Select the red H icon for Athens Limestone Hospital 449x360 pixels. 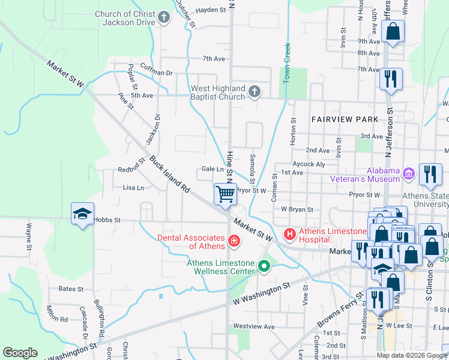289,233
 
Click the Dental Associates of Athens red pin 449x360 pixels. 233,242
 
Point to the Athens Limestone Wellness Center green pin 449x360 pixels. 264,265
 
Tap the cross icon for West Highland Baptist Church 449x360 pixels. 254,92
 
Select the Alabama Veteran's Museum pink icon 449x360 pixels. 409,174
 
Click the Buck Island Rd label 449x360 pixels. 170,174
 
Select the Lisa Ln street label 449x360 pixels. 133,188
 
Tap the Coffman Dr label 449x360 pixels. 156,73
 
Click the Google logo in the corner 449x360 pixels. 20,353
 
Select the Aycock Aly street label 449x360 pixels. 309,163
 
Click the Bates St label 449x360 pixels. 71,289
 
